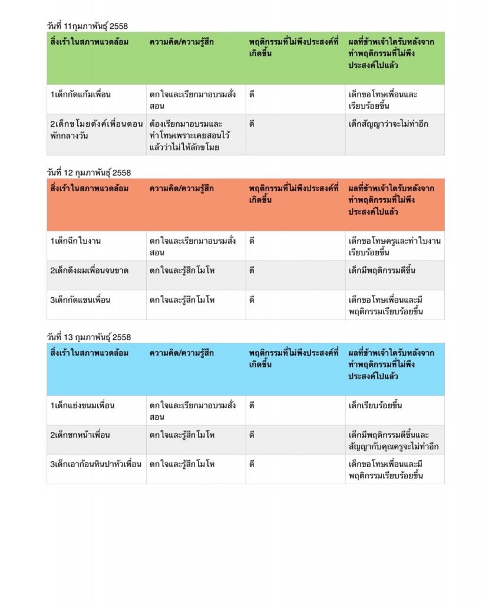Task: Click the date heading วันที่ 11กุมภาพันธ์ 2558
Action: click(87, 26)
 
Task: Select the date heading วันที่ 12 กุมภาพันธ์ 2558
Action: click(89, 173)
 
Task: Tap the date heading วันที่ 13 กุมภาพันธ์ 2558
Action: click(89, 337)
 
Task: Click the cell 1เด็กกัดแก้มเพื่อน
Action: click(81, 94)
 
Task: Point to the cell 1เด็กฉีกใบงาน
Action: click(76, 241)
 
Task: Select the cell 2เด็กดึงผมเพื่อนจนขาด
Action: click(90, 271)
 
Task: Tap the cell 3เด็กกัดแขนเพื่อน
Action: click(81, 300)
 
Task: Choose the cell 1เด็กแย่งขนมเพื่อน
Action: click(82, 406)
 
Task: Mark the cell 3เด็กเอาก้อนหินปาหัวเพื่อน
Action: click(95, 465)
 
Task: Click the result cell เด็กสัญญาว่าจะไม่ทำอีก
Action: click(388, 124)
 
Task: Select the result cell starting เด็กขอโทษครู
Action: click(394, 247)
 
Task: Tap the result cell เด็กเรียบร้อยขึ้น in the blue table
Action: click(375, 406)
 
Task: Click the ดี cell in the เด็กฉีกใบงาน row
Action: click(252, 241)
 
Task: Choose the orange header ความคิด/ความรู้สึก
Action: click(181, 189)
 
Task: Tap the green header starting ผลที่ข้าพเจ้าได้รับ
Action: click(391, 54)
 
